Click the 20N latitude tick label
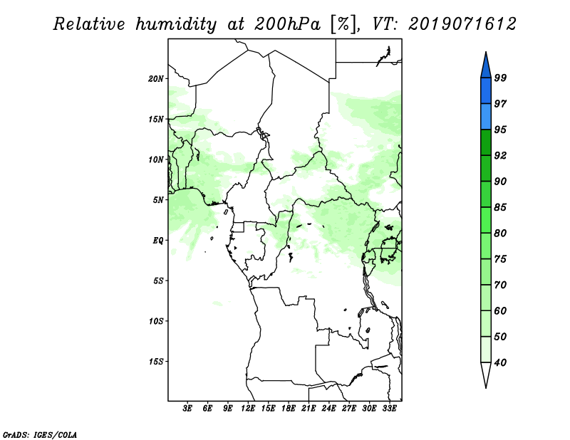click(x=156, y=78)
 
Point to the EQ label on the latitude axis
click(x=158, y=240)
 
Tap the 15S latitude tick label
click(x=156, y=362)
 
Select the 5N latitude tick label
click(x=158, y=200)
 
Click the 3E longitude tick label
click(x=187, y=409)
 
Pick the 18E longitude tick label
click(x=289, y=409)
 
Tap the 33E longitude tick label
click(x=389, y=409)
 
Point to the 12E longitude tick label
click(x=248, y=409)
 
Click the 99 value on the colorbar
click(x=500, y=78)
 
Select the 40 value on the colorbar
click(x=500, y=362)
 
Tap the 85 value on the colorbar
click(x=500, y=207)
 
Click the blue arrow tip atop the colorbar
click(x=486, y=53)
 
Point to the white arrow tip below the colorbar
click(x=486, y=387)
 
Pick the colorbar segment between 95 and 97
click(x=486, y=117)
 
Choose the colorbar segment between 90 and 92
click(x=486, y=168)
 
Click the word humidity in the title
click(x=176, y=25)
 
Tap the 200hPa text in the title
click(x=288, y=24)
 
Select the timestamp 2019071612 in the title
click(x=462, y=24)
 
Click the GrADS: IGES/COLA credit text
click(x=40, y=435)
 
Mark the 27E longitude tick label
click(x=349, y=409)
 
